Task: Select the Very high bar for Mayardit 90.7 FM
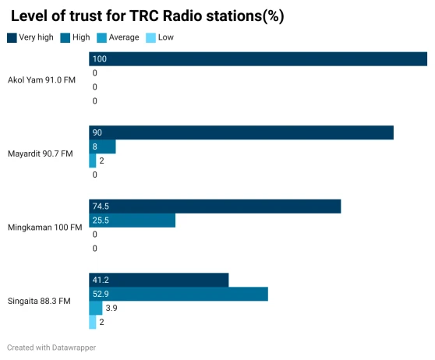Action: pos(241,132)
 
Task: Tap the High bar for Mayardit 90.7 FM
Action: pos(102,146)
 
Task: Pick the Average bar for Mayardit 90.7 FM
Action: pos(92,161)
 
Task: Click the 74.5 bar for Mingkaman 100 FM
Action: pos(215,206)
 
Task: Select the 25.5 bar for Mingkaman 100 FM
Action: pos(132,221)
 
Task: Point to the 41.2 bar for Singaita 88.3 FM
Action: pos(158,280)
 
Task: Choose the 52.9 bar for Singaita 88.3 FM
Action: pos(179,294)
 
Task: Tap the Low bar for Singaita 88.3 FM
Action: pos(92,322)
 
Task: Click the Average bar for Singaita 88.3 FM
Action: pos(95,308)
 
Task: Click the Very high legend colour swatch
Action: pos(12,37)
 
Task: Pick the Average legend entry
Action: pos(124,37)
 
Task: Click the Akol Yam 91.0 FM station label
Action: pos(42,80)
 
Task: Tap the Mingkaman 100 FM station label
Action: pos(44,228)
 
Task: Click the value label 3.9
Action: pos(111,308)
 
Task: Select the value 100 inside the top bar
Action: pos(99,59)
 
